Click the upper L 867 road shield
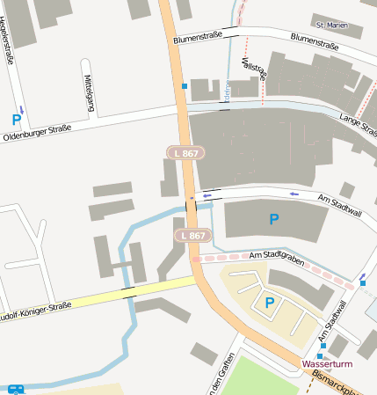click(185, 153)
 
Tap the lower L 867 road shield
click(192, 236)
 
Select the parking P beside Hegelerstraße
click(17, 120)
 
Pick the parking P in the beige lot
click(269, 303)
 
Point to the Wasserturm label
click(326, 362)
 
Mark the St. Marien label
click(326, 26)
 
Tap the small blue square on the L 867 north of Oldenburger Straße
click(185, 86)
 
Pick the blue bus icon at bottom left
click(16, 389)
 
